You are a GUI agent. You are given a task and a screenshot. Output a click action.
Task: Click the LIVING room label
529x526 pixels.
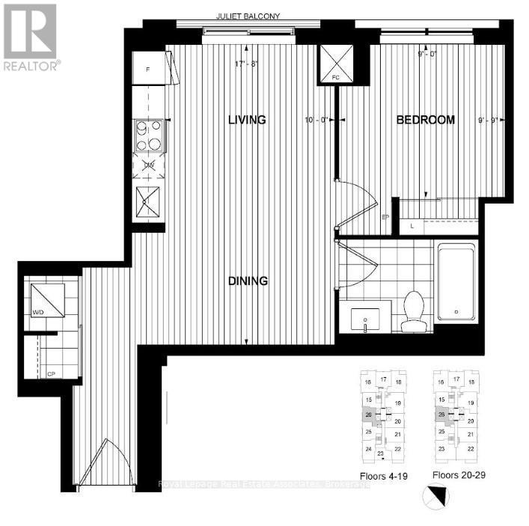pos(247,120)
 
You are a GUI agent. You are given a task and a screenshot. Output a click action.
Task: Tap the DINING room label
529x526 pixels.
pos(248,281)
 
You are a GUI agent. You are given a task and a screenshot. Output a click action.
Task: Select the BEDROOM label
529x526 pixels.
pos(425,120)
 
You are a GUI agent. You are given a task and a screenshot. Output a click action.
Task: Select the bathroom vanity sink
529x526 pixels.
pos(366,318)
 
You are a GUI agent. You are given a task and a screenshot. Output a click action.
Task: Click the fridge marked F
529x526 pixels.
pos(150,70)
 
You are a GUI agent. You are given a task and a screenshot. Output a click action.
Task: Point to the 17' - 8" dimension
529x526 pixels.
pos(246,64)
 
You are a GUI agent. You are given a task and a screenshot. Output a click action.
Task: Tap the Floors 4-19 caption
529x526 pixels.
pos(381,475)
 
